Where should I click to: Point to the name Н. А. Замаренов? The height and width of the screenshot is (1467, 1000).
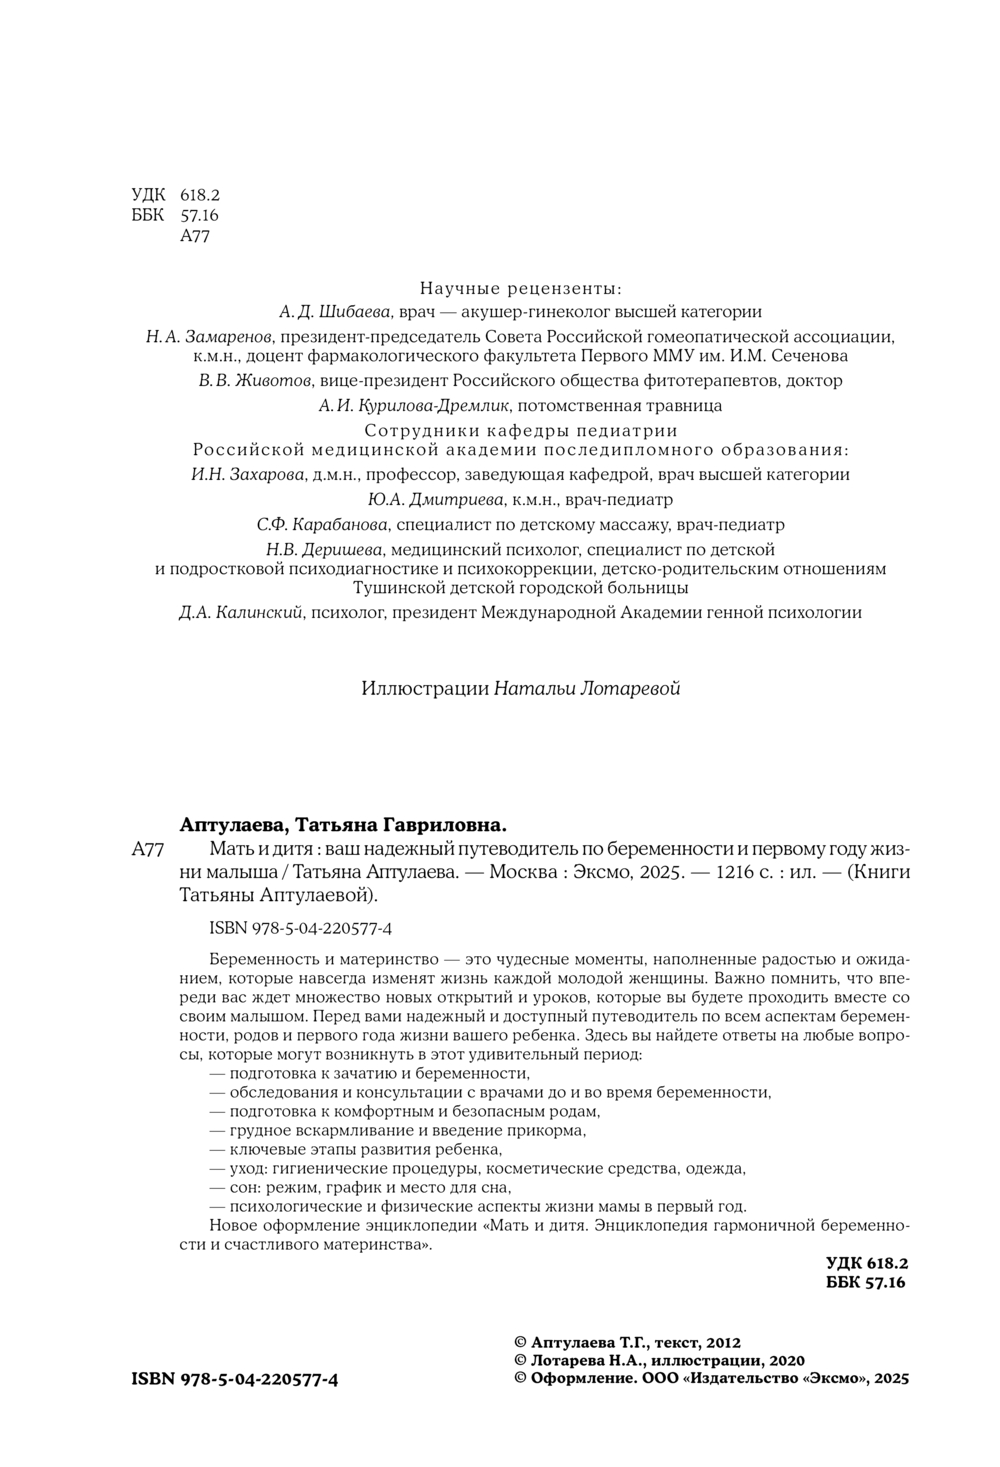[203, 337]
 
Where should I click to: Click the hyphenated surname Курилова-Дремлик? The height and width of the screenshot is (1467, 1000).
[445, 406]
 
